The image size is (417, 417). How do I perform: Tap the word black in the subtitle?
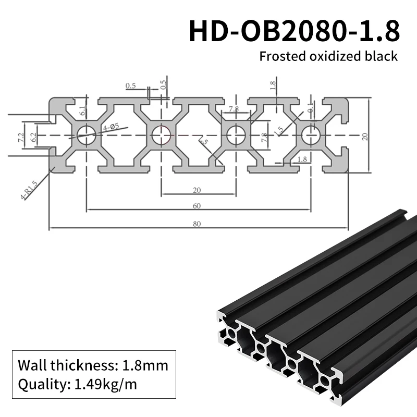pyautogui.click(x=383, y=56)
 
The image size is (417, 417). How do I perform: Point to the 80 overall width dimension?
pyautogui.click(x=197, y=224)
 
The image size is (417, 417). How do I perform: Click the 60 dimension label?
pyautogui.click(x=197, y=205)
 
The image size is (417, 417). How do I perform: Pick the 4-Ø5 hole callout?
pyautogui.click(x=111, y=127)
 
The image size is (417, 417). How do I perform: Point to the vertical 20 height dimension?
pyautogui.click(x=365, y=136)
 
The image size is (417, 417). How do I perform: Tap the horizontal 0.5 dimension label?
pyautogui.click(x=130, y=86)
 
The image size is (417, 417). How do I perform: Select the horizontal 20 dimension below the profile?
pyautogui.click(x=197, y=190)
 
